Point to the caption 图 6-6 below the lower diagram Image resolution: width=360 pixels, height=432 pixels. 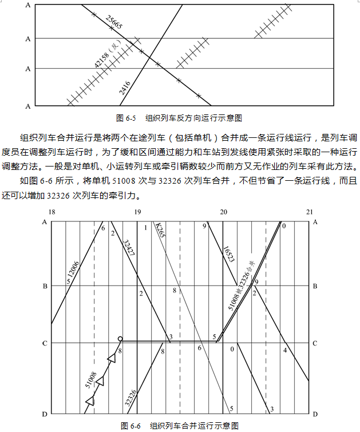click(x=130, y=426)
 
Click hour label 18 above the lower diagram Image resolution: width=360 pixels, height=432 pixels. click(x=52, y=213)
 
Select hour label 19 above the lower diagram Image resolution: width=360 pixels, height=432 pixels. click(x=137, y=213)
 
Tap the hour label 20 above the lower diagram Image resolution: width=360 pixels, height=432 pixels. click(x=223, y=213)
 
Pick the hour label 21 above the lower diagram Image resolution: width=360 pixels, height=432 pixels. click(x=309, y=213)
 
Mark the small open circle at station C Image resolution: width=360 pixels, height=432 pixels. click(x=120, y=339)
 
